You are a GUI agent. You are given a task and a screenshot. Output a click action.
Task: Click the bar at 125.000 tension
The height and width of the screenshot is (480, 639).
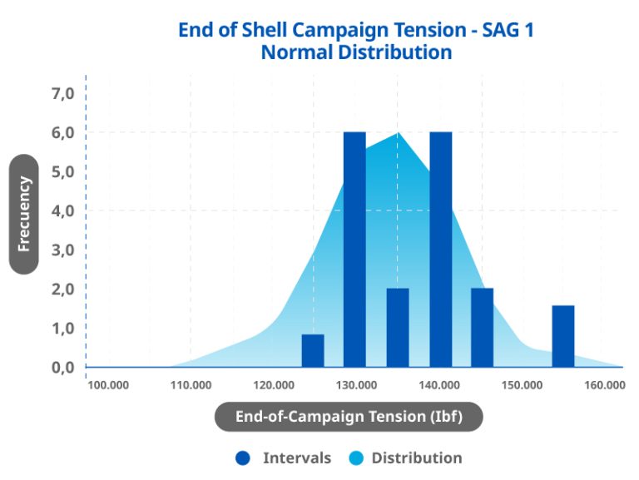(x=312, y=350)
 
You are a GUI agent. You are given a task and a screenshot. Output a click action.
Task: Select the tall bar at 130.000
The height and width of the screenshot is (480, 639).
(x=354, y=250)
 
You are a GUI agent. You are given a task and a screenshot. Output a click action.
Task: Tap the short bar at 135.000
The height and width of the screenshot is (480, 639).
(x=398, y=328)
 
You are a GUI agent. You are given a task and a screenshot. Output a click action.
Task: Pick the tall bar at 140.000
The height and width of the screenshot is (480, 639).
(x=440, y=250)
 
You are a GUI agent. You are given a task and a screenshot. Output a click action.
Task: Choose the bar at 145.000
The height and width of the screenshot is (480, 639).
(x=483, y=328)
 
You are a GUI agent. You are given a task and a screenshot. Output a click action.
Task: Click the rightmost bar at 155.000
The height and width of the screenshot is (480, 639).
(x=563, y=336)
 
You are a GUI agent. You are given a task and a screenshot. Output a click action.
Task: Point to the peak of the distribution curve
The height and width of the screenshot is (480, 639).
(x=398, y=133)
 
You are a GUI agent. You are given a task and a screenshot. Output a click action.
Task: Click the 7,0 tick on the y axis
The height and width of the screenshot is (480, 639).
(x=63, y=93)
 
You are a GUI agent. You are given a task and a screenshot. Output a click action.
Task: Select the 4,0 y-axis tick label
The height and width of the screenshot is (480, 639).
(x=63, y=211)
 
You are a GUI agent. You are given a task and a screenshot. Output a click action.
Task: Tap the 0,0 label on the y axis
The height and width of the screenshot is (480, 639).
(x=63, y=368)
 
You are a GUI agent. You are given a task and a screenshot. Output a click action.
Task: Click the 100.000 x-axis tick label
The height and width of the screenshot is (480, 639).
(x=108, y=386)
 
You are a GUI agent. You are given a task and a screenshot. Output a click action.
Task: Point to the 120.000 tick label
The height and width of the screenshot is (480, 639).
(x=274, y=386)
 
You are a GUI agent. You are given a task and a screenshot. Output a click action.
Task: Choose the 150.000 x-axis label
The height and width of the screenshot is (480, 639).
(x=523, y=386)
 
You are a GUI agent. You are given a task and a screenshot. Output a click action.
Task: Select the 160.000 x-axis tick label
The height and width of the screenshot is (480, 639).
(x=605, y=386)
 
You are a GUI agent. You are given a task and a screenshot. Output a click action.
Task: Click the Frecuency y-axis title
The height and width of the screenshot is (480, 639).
(x=24, y=213)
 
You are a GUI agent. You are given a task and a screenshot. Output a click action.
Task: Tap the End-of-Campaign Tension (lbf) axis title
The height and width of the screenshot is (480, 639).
(x=349, y=417)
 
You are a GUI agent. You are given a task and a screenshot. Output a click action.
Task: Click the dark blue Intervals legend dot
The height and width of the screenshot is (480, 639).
(x=243, y=458)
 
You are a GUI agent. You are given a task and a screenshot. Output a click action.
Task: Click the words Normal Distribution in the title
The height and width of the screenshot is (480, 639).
(x=356, y=52)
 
